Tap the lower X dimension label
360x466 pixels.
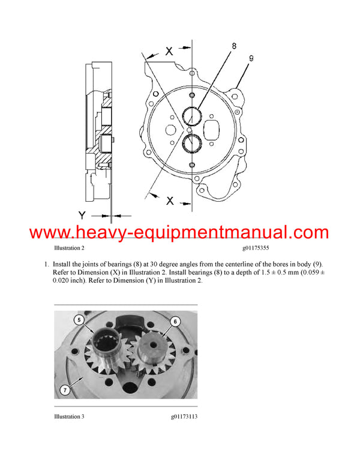tap(170, 201)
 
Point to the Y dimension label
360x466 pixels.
tap(83, 214)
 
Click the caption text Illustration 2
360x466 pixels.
tap(69, 247)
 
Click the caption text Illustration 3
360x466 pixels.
tap(69, 416)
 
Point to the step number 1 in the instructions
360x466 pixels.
tap(46, 264)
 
